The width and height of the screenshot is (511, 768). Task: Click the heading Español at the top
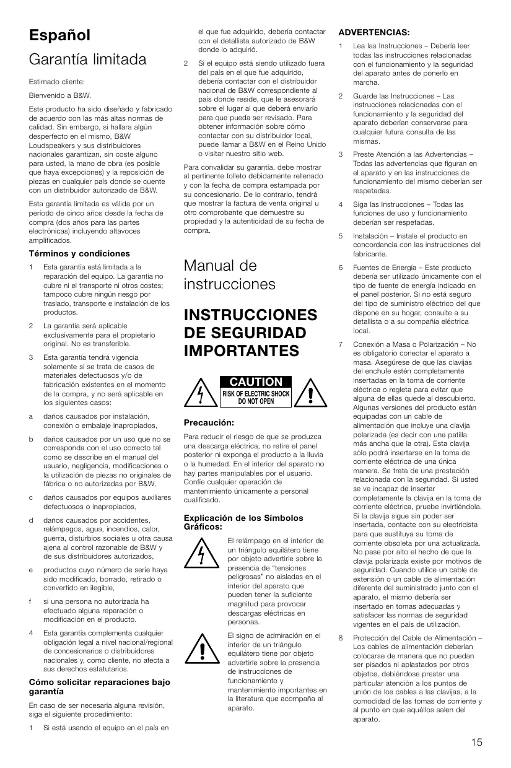click(59, 35)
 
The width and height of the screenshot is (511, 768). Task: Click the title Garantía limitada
click(87, 60)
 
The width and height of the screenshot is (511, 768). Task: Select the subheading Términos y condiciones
click(79, 253)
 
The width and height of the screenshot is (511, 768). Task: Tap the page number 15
click(476, 743)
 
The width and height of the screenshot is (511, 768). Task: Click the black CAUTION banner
click(256, 382)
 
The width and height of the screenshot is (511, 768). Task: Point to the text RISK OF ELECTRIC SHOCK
click(256, 394)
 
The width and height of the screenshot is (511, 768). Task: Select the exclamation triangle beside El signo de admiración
click(203, 648)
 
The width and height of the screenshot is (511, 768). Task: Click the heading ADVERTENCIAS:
click(373, 32)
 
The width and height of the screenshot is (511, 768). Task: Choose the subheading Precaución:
click(209, 422)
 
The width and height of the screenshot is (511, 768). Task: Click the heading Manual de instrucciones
click(230, 275)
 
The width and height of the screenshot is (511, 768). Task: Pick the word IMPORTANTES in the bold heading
click(242, 351)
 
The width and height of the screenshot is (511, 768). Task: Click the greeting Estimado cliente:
click(56, 82)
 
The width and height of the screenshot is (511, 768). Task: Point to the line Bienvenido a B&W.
click(59, 95)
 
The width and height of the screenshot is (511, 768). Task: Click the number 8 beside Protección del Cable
click(341, 638)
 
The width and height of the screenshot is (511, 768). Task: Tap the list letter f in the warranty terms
click(31, 601)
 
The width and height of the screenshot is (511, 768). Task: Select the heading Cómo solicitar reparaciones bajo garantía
click(99, 686)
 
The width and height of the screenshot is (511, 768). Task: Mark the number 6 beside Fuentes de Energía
click(341, 268)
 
